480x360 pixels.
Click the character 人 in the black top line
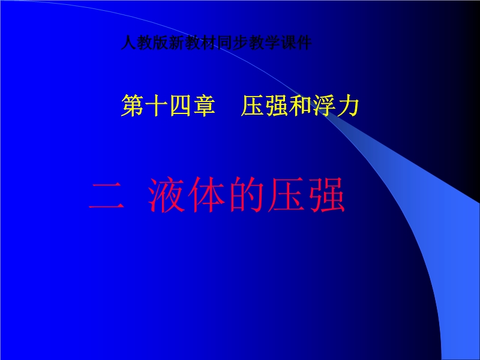128,43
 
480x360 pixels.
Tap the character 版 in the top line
160,43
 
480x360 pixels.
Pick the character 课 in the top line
289,43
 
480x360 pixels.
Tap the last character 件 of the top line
304,43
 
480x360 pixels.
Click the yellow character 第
133,106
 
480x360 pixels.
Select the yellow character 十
157,106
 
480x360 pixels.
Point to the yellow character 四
181,106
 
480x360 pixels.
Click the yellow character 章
205,106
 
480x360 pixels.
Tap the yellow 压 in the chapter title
253,106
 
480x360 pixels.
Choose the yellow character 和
301,106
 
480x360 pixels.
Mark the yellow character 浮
324,106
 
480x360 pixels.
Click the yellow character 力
348,106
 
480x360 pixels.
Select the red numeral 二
107,195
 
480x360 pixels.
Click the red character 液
167,195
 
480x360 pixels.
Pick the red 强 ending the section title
326,195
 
